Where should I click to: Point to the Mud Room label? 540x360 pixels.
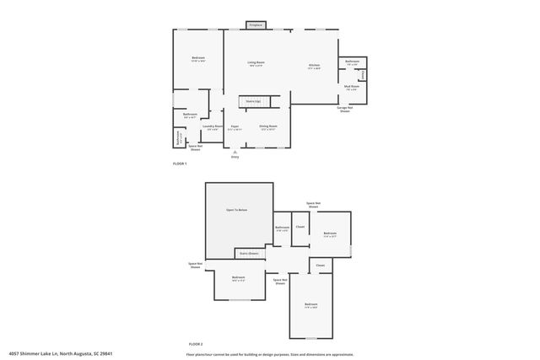click(x=352, y=87)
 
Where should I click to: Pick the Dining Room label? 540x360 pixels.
click(x=268, y=127)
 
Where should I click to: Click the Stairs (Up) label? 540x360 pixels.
click(x=252, y=101)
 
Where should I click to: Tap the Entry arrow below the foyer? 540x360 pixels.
click(x=235, y=153)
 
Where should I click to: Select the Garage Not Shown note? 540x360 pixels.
click(x=344, y=110)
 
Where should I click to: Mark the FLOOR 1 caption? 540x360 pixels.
click(x=180, y=163)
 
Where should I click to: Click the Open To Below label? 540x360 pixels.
click(x=236, y=209)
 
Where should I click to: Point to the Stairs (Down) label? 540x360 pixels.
click(x=249, y=252)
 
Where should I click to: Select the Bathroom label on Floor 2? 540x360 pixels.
click(x=282, y=228)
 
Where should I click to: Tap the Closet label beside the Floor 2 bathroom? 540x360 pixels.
click(x=300, y=227)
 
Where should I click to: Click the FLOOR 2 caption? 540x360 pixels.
click(x=196, y=344)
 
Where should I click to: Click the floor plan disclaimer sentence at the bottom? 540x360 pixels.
click(x=270, y=353)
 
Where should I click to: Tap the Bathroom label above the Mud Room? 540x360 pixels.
click(x=352, y=62)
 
